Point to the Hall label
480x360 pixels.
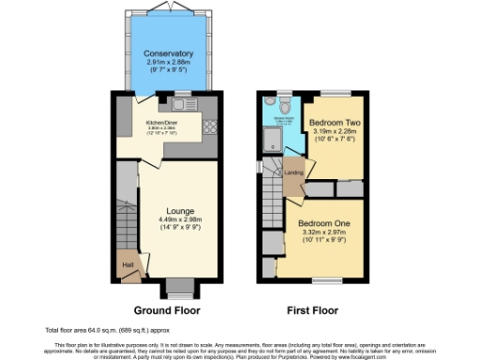point(126,266)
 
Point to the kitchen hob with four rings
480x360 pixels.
point(210,129)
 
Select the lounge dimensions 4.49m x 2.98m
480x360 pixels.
point(167,222)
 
